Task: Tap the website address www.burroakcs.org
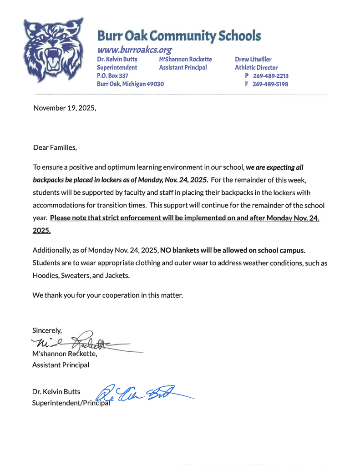134,50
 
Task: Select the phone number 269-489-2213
270,76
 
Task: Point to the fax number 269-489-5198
270,84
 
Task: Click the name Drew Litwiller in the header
253,59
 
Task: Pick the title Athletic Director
256,67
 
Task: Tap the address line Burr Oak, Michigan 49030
130,84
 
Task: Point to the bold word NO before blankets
166,250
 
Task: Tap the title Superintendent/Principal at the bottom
71,403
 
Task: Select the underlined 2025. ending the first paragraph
42,231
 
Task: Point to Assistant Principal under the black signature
61,365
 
